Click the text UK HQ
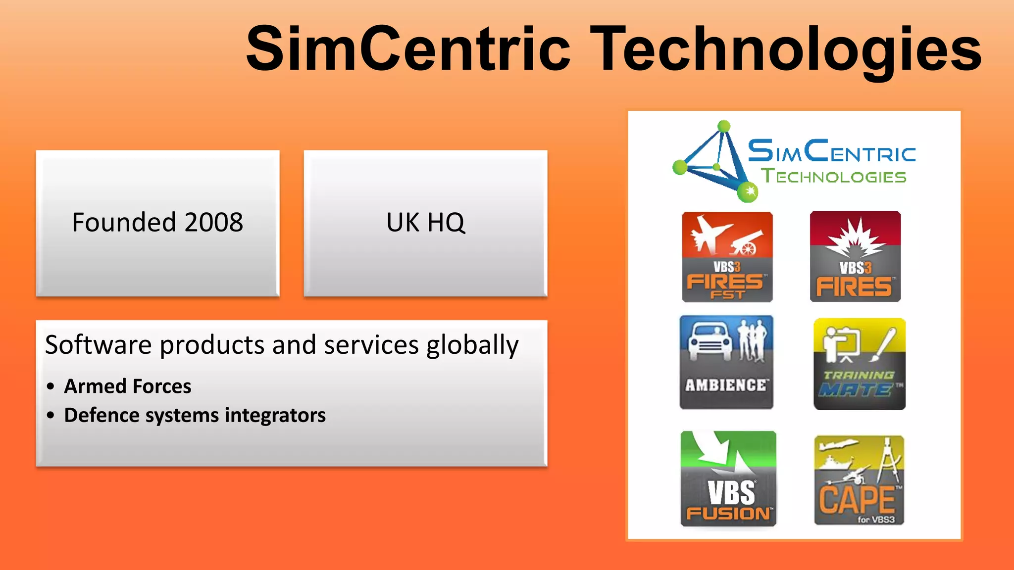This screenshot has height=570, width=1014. coord(425,222)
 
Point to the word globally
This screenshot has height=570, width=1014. coord(472,345)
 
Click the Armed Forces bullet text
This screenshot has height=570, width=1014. coord(128,386)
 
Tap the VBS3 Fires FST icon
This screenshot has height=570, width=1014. coord(727,257)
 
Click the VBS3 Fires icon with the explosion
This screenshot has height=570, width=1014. coord(855,256)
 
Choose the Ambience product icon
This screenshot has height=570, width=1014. coord(726,362)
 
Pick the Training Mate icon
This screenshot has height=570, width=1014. coord(859,364)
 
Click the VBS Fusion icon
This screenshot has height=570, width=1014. coord(728,478)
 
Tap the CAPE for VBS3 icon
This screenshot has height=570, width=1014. coord(859,480)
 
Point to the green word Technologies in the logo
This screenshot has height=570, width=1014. coord(834,176)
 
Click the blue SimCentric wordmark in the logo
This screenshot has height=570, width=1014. coord(831,151)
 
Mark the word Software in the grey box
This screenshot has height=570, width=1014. coord(98,345)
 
